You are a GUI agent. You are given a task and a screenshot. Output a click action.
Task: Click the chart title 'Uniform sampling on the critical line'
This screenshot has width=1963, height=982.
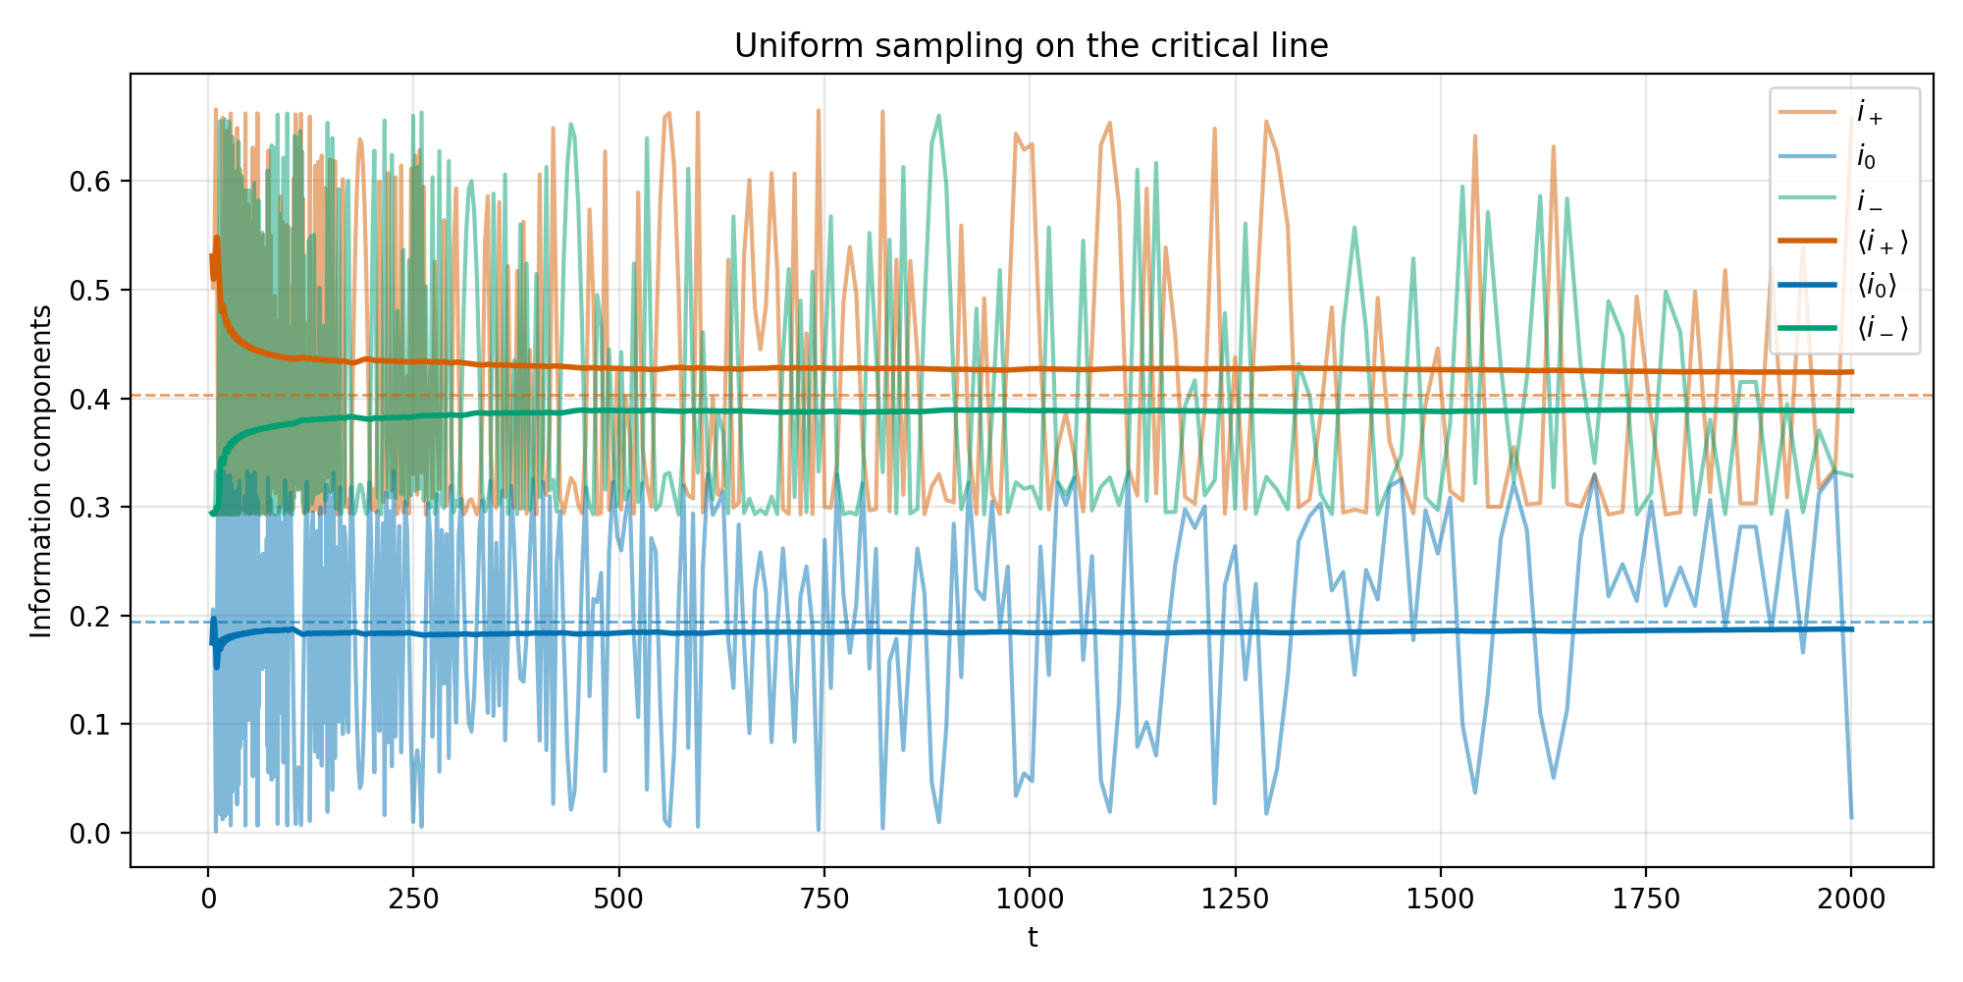click(1031, 46)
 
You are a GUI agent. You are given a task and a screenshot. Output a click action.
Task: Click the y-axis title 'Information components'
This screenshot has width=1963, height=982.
click(41, 471)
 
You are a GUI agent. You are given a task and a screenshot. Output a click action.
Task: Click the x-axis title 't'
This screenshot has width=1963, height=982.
click(1033, 939)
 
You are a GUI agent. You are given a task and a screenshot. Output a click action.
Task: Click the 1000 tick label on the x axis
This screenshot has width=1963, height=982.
click(1029, 899)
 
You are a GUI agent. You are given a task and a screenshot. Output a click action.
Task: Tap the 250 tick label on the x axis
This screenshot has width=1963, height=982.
click(413, 899)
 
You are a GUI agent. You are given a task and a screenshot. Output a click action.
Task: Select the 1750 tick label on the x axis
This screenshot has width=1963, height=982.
click(1645, 899)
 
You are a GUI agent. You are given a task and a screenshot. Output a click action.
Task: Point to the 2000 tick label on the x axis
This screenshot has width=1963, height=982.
click(1850, 899)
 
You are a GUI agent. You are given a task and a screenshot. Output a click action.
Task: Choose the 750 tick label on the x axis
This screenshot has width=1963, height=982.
click(823, 899)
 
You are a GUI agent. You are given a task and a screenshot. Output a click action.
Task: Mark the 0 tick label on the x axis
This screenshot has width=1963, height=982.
click(208, 899)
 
